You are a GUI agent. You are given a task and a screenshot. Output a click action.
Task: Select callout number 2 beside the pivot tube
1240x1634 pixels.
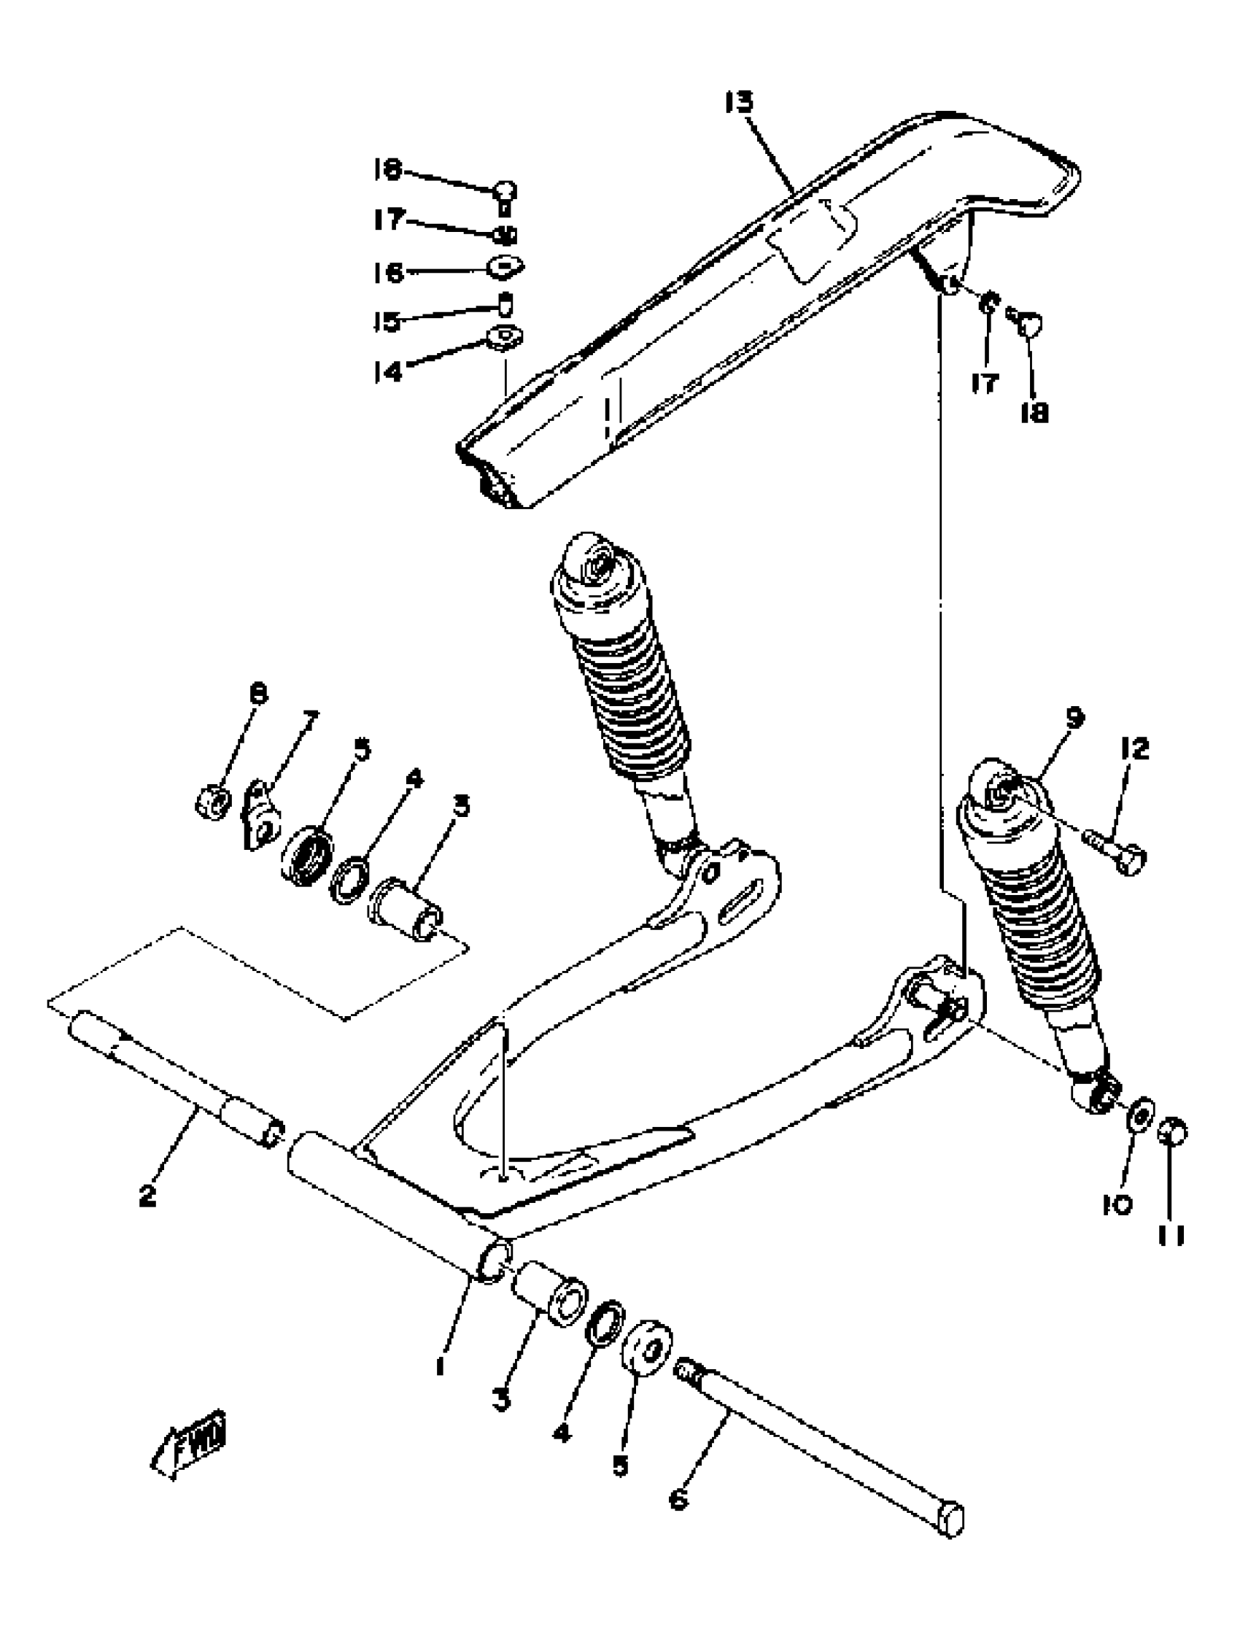pyautogui.click(x=148, y=1194)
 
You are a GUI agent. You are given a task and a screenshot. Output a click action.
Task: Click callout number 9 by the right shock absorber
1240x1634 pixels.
pyautogui.click(x=1074, y=716)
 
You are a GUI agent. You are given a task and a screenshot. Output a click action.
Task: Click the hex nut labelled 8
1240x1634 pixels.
pyautogui.click(x=213, y=802)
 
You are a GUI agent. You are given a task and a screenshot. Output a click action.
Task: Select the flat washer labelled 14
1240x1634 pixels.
pyautogui.click(x=505, y=338)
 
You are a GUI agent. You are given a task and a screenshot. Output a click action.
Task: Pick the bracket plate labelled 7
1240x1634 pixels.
pyautogui.click(x=261, y=817)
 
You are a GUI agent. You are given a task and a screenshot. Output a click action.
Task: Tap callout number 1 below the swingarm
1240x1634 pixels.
pyautogui.click(x=441, y=1366)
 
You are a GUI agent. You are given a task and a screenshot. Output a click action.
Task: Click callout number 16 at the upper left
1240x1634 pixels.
pyautogui.click(x=389, y=273)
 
